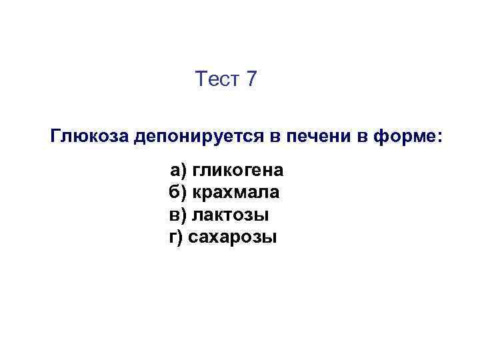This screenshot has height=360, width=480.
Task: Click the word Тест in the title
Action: tap(217, 80)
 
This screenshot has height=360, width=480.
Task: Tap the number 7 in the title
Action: tap(251, 80)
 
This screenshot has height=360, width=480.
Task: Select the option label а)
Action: tap(179, 171)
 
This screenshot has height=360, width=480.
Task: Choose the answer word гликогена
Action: tap(239, 171)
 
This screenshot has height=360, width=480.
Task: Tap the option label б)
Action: tap(179, 193)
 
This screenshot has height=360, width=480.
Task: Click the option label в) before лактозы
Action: tap(178, 215)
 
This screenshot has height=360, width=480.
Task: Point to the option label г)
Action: tap(176, 237)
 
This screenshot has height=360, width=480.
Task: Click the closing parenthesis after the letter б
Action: tap(185, 193)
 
